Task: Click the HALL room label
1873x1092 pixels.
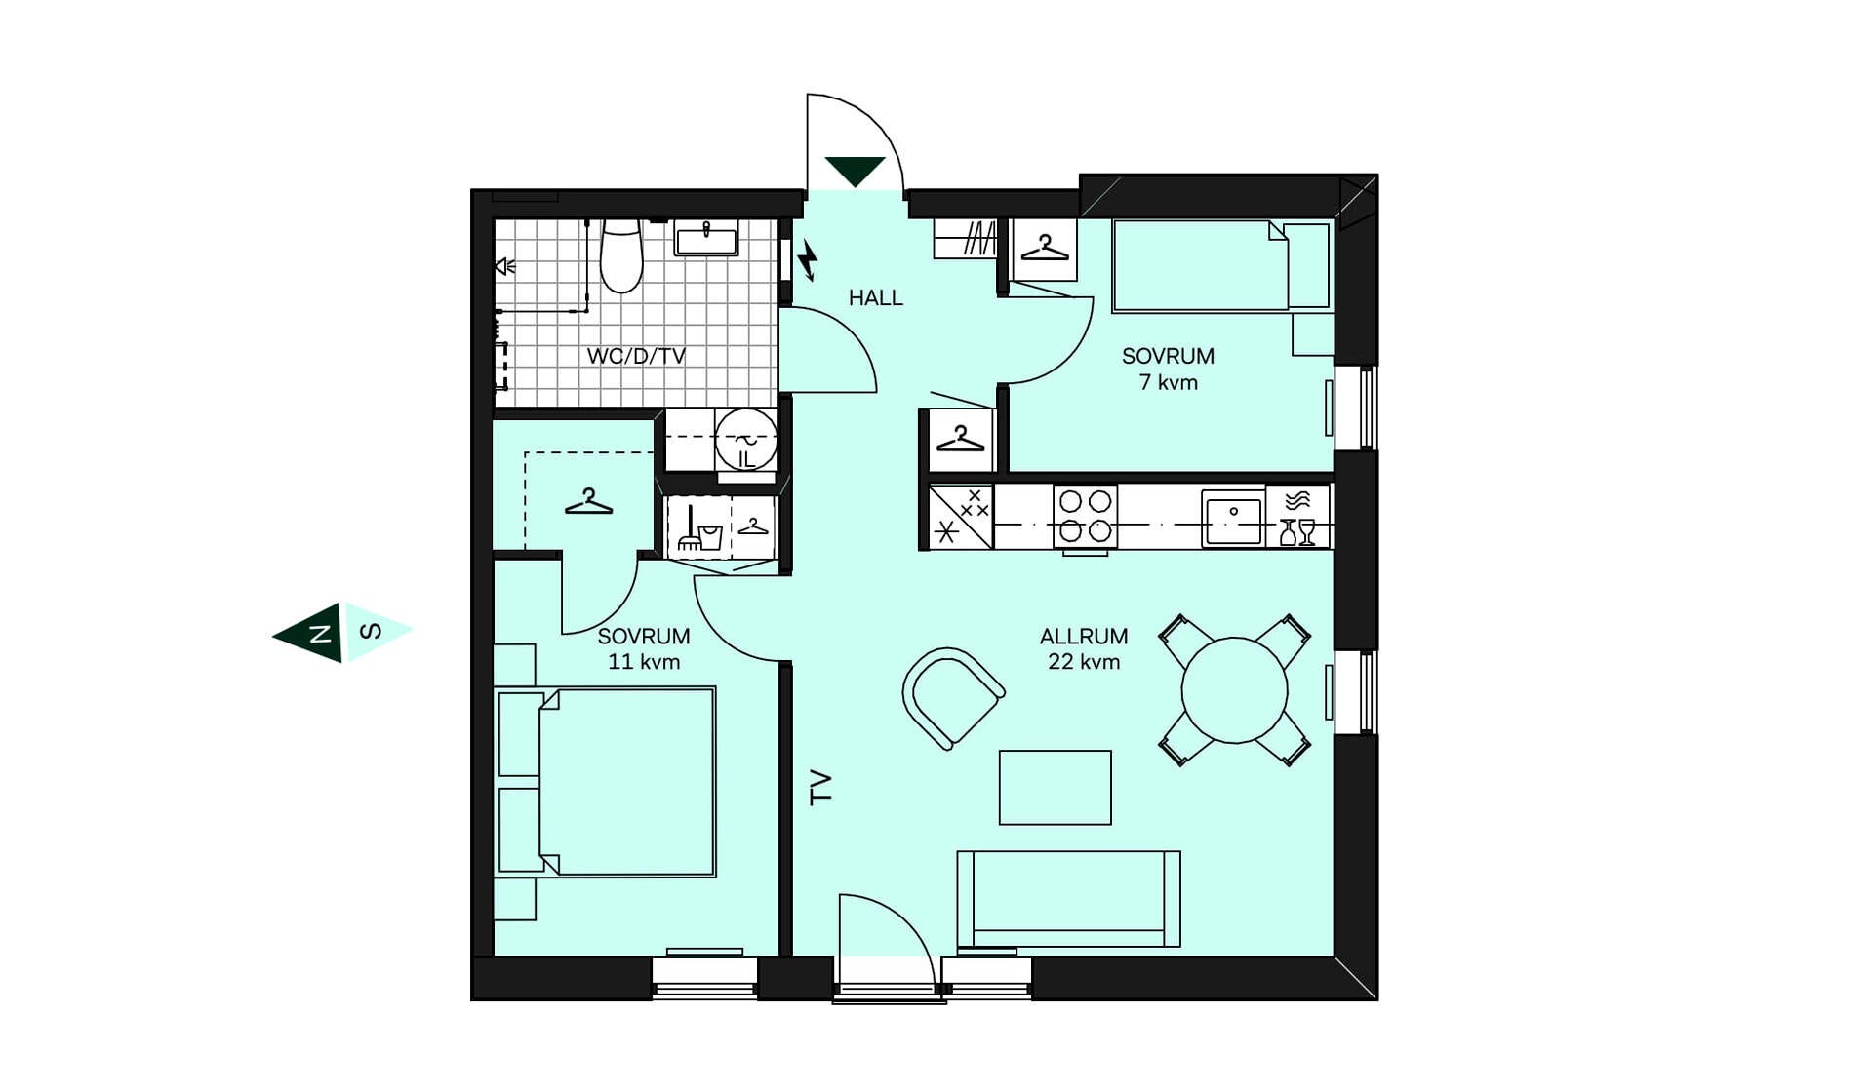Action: [x=875, y=297]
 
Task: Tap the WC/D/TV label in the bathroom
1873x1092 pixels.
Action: [x=636, y=356]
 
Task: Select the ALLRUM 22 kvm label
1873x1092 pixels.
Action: [x=1084, y=648]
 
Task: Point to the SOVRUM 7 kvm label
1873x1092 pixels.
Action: [x=1168, y=369]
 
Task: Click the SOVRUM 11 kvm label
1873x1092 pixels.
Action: [x=644, y=648]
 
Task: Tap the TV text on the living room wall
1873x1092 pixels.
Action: [x=821, y=787]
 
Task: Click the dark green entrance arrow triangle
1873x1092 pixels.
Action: [x=855, y=171]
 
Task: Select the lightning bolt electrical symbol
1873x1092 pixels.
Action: [x=808, y=259]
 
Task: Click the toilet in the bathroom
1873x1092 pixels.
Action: [x=621, y=255]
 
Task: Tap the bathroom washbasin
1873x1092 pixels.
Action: [x=706, y=238]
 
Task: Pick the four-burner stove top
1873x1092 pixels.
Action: [x=1085, y=516]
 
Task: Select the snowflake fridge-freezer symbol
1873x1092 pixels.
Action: [x=945, y=531]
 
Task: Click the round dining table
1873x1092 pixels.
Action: [x=1234, y=690]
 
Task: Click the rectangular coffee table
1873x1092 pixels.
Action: [x=1055, y=787]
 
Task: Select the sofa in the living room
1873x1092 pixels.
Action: [x=1068, y=899]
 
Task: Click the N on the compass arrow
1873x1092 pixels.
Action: [x=319, y=634]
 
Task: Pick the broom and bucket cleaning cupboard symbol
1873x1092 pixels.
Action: [x=699, y=529]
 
